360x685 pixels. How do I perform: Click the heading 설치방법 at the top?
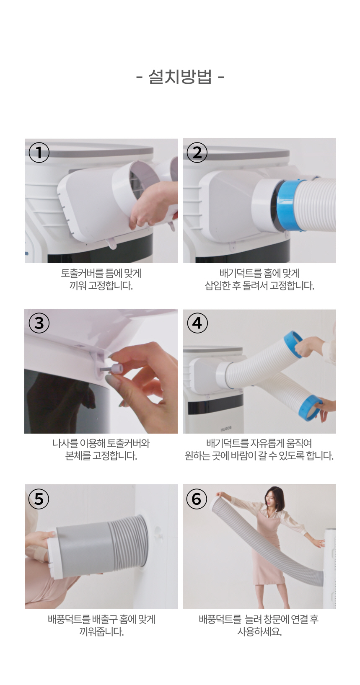pyautogui.click(x=180, y=76)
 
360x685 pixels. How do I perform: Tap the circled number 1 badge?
pyautogui.click(x=39, y=152)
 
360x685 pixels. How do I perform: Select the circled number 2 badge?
pyautogui.click(x=197, y=152)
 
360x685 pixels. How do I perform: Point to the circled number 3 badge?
pyautogui.click(x=39, y=323)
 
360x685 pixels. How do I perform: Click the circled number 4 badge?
pyautogui.click(x=197, y=323)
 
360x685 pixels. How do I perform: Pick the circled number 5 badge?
pyautogui.click(x=39, y=499)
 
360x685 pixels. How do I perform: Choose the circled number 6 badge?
pyautogui.click(x=197, y=499)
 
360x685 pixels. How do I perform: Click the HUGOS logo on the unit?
pyautogui.click(x=226, y=429)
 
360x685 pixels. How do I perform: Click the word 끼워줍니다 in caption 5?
pyautogui.click(x=101, y=632)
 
